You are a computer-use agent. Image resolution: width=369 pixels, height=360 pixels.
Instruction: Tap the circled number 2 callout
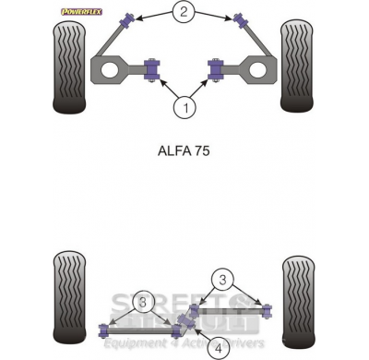pos(184,12)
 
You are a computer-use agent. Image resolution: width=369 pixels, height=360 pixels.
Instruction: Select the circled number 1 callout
pos(184,108)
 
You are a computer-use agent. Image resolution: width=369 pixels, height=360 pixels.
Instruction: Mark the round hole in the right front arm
pos(256,69)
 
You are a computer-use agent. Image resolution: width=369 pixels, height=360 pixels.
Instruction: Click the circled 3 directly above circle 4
pos(222,279)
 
